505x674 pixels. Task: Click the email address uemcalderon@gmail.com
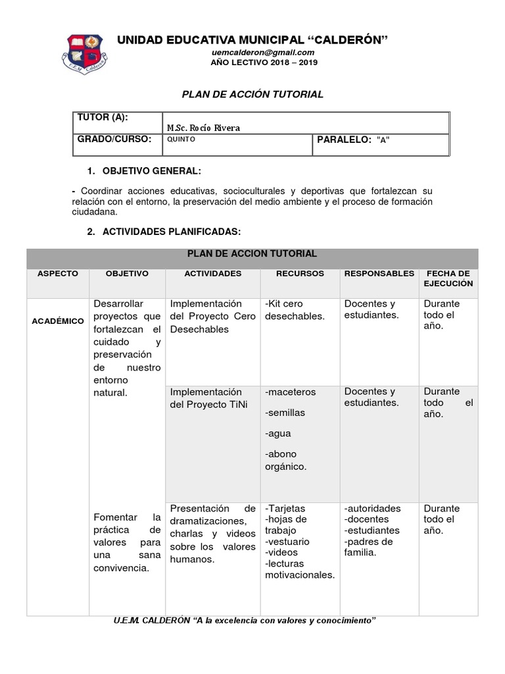(x=262, y=52)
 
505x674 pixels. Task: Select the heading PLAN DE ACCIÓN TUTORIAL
(x=252, y=94)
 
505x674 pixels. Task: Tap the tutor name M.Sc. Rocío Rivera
(x=204, y=128)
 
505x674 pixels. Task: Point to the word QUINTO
(x=181, y=140)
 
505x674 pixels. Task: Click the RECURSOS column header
(x=300, y=274)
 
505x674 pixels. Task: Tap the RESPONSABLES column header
(x=379, y=274)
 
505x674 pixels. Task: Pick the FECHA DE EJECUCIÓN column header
(x=448, y=278)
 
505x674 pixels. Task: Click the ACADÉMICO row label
(x=58, y=321)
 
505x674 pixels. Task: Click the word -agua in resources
(x=278, y=434)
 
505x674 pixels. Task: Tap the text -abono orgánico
(x=286, y=461)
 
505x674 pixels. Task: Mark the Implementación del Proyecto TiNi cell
(x=206, y=398)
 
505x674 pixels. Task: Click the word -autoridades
(x=372, y=509)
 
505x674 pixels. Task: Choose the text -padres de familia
(x=368, y=547)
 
